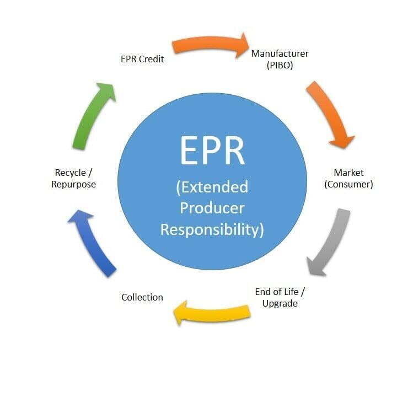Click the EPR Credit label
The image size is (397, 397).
point(142,59)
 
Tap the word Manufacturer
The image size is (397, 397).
point(280,53)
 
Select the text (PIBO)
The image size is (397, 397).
point(280,65)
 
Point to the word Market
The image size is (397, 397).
point(348,173)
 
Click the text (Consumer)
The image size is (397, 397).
point(348,184)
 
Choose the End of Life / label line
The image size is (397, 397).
point(280,292)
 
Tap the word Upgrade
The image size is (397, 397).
point(280,304)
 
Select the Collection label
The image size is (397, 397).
point(142,297)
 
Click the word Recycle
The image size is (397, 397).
point(71,173)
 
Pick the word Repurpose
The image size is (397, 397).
point(73,185)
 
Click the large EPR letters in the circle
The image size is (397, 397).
point(212,151)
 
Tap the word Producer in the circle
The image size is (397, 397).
point(212,208)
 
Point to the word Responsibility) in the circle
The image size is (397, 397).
point(212,230)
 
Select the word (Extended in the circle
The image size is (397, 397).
point(212,187)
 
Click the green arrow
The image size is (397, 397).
point(93,116)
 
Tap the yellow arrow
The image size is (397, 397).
point(212,313)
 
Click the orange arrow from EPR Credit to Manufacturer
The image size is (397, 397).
point(210,44)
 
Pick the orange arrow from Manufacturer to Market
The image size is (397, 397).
point(331,114)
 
